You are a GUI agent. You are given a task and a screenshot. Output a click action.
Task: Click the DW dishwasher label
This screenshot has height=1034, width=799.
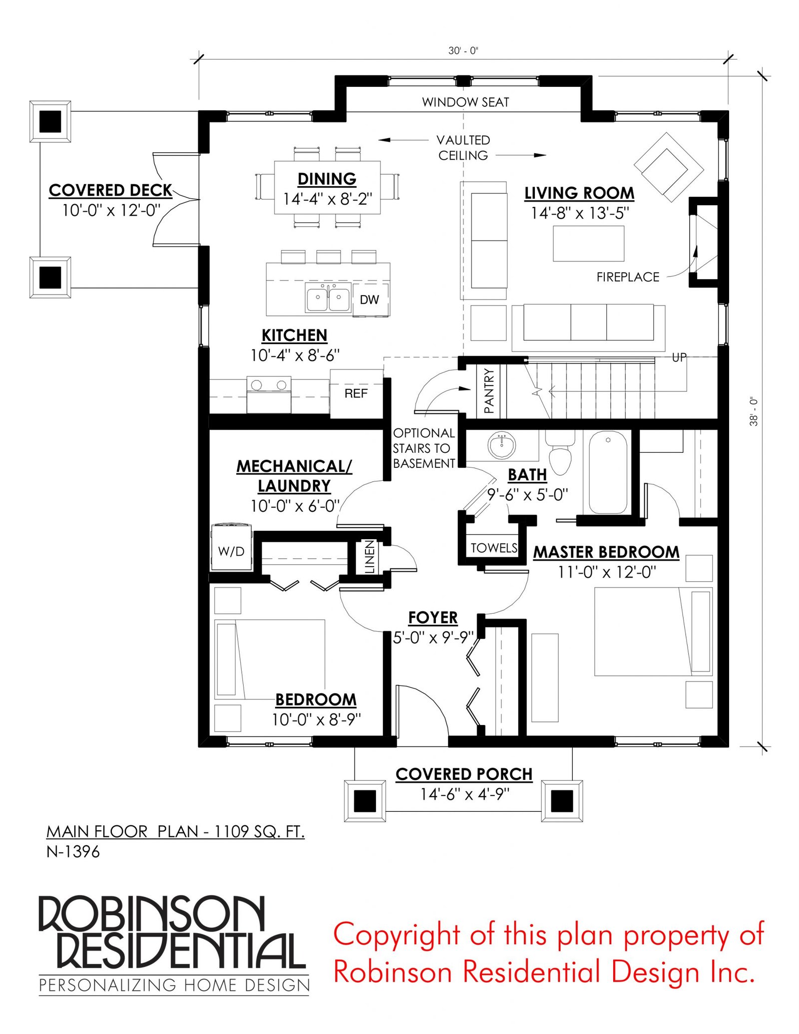(x=369, y=300)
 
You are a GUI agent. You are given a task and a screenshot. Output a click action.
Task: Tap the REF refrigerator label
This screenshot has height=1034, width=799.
(x=356, y=393)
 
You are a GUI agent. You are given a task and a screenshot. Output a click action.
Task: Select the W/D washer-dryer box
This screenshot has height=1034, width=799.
(x=231, y=547)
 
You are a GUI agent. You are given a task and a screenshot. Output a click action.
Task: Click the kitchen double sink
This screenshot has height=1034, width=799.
(x=328, y=298)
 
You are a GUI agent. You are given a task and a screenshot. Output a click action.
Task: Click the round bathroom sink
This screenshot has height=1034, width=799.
(x=501, y=445)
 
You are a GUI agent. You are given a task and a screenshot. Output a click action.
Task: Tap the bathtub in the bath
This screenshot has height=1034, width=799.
(x=608, y=472)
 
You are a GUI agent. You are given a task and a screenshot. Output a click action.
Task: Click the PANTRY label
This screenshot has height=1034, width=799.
(x=489, y=391)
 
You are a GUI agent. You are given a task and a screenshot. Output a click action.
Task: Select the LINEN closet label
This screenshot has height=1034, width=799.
(x=369, y=556)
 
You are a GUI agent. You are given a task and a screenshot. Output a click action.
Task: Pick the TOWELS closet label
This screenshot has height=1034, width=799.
(x=494, y=548)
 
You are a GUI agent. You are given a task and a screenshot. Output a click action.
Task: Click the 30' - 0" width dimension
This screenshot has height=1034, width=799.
(x=463, y=50)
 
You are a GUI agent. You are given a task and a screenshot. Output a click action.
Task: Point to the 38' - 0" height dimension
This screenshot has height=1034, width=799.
(x=754, y=411)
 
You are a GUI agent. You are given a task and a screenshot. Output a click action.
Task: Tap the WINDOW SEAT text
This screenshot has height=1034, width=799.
(x=465, y=102)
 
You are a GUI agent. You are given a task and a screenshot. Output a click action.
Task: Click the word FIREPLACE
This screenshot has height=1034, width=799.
(x=628, y=277)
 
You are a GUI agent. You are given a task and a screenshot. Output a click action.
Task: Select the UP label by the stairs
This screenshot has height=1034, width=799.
(x=679, y=357)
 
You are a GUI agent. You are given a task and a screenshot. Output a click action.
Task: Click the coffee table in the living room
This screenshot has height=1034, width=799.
(x=588, y=244)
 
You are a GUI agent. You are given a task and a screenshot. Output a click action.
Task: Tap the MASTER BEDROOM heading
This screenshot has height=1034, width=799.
(x=606, y=552)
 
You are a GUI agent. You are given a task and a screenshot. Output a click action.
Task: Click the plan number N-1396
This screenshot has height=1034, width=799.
(x=73, y=852)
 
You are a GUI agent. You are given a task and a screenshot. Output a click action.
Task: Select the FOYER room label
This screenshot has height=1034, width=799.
(x=433, y=618)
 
